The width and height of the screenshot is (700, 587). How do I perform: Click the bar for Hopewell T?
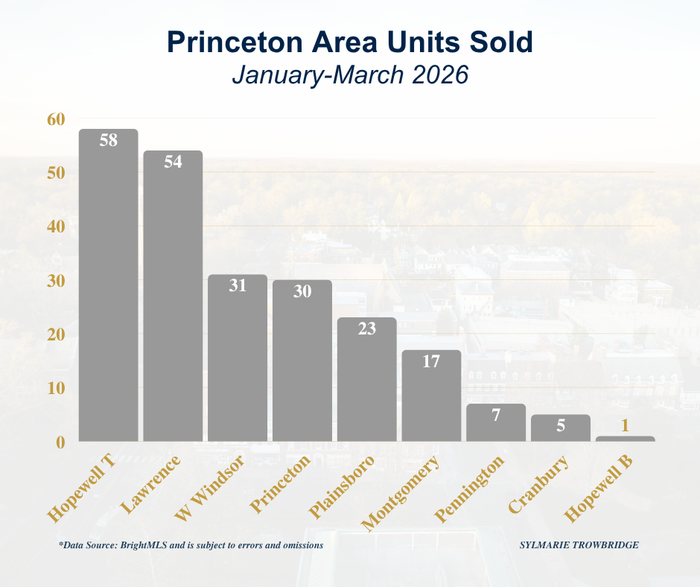(x=109, y=291)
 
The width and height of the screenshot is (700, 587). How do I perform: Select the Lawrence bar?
(x=173, y=298)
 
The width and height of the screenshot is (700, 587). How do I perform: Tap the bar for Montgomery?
(x=431, y=399)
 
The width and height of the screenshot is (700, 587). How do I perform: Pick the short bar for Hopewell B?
(x=625, y=439)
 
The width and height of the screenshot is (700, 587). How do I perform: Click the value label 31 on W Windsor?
(x=238, y=285)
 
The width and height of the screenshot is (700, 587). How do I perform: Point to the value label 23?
(x=366, y=329)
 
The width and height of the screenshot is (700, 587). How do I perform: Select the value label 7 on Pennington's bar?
(x=496, y=415)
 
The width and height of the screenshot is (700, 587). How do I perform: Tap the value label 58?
(x=109, y=140)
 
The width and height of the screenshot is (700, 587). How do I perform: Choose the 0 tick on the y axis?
(x=60, y=442)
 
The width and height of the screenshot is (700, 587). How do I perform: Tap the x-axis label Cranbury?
(x=540, y=484)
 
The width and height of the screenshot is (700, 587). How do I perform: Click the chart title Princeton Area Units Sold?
(x=349, y=42)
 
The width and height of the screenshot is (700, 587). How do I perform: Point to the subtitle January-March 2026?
(x=349, y=75)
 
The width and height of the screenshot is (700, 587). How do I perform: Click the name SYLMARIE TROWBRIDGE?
(x=579, y=545)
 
